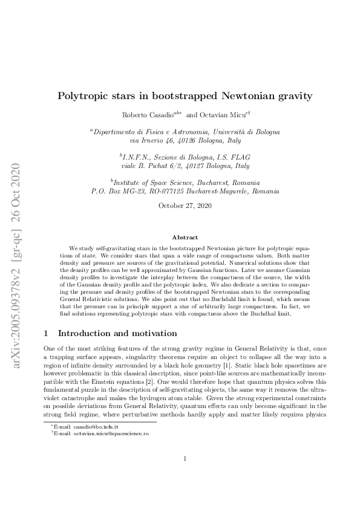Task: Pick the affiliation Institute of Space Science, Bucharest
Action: tap(186, 182)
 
